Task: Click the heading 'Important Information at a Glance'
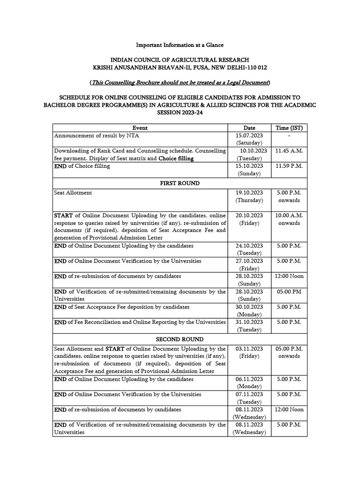(x=180, y=45)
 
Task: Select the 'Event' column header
(x=140, y=128)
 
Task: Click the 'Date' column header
(x=249, y=128)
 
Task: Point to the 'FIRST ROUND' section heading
(x=180, y=183)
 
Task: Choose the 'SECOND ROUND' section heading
(x=180, y=339)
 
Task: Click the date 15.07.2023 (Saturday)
(x=249, y=139)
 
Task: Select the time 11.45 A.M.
(x=289, y=151)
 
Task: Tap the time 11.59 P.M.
(x=289, y=166)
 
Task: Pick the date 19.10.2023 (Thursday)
(x=249, y=196)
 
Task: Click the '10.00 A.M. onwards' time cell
(x=289, y=219)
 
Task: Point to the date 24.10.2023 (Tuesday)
(x=249, y=249)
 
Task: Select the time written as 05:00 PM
(x=289, y=292)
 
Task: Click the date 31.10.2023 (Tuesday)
(x=249, y=326)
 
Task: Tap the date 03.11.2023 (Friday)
(x=249, y=352)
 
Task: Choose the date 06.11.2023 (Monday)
(x=249, y=383)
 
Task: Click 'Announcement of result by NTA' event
(x=97, y=135)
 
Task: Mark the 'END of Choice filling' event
(x=82, y=166)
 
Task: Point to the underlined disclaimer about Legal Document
(x=180, y=83)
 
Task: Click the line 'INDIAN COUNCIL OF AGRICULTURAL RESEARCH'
(x=180, y=60)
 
